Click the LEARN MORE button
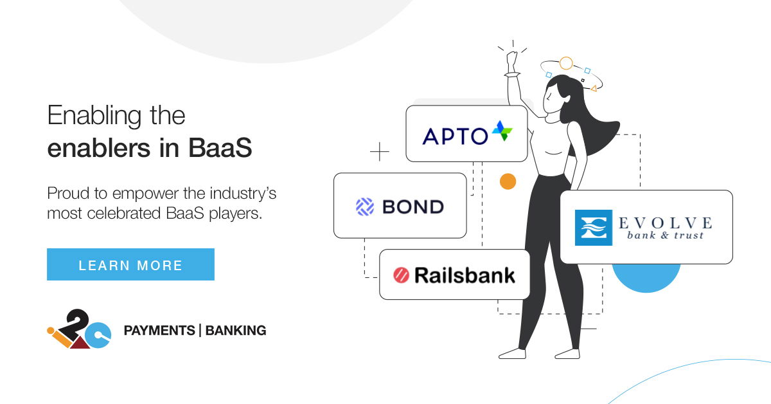[x=130, y=264]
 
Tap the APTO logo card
[x=466, y=134]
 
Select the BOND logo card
[x=400, y=205]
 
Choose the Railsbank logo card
[x=454, y=275]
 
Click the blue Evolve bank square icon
[x=594, y=228]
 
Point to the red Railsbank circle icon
[x=401, y=275]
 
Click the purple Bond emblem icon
[x=364, y=207]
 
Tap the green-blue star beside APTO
[x=502, y=131]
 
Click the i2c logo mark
[x=79, y=329]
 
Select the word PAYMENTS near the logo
[x=159, y=330]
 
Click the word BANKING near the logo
[x=236, y=330]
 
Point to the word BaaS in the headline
[x=220, y=148]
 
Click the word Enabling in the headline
[x=94, y=116]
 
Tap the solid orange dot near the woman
[x=508, y=181]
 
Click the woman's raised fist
[x=512, y=59]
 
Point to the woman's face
[x=553, y=97]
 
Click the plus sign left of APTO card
[x=379, y=151]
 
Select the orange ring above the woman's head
[x=566, y=64]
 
